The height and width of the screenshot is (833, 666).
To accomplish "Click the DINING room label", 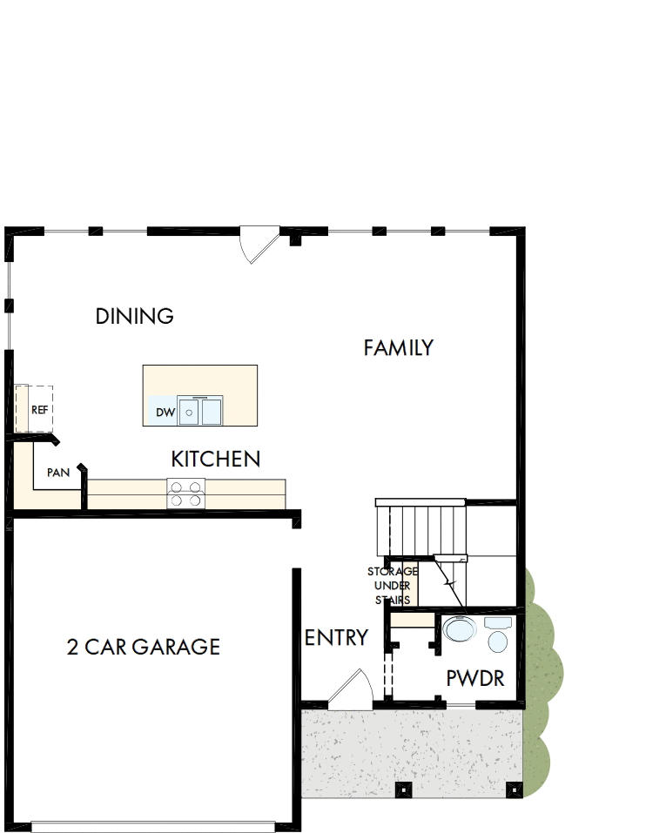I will tap(135, 316).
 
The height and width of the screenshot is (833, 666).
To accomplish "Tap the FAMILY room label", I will tap(398, 348).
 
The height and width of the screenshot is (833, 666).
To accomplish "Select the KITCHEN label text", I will tap(215, 459).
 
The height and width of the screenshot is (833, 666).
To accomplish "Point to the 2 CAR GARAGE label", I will tap(144, 647).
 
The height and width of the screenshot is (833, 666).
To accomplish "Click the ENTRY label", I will tap(336, 638).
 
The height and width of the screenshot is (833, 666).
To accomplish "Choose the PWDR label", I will tap(475, 679).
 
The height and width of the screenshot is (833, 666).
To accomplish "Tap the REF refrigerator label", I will tap(39, 409).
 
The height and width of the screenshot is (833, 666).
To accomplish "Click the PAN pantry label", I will tap(58, 473).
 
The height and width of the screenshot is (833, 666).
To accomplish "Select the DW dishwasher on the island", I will tap(165, 412).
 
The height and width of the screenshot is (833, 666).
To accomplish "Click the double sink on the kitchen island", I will tap(200, 411).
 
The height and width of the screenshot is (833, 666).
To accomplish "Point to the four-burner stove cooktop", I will tap(186, 494).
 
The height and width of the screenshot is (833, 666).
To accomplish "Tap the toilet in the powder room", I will tap(498, 636).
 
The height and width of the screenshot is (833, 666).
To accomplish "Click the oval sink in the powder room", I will tap(458, 628).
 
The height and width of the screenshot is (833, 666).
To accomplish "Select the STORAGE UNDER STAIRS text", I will tap(393, 586).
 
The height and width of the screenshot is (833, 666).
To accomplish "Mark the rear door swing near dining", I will tap(259, 245).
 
